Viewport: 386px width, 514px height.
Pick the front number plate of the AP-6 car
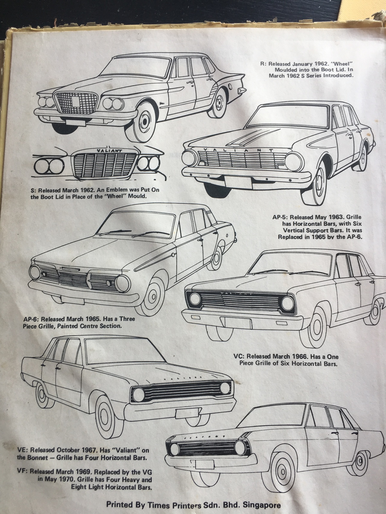coord(73,299)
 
